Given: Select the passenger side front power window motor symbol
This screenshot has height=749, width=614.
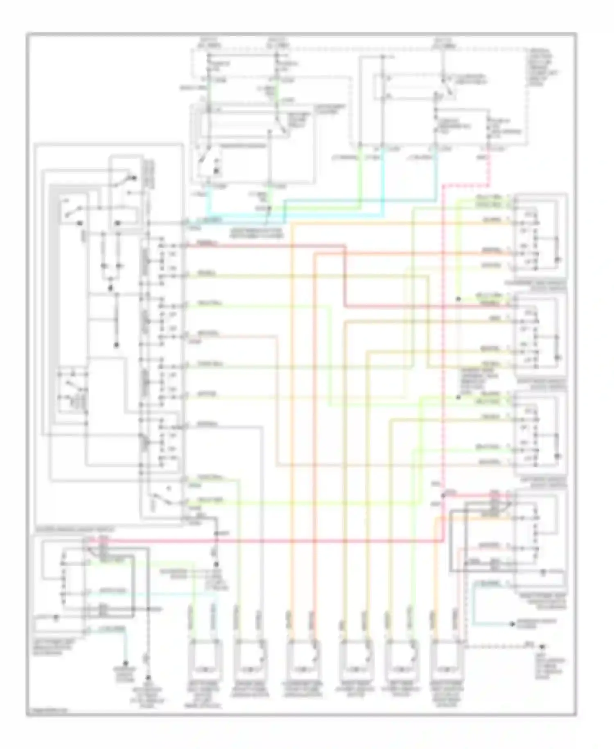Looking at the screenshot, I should pos(303,656).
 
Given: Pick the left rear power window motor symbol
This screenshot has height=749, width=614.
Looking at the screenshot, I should pos(402,656).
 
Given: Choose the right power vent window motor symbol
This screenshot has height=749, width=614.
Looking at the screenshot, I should pos(449,656).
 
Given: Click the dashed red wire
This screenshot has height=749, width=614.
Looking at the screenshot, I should pos(444,328).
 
